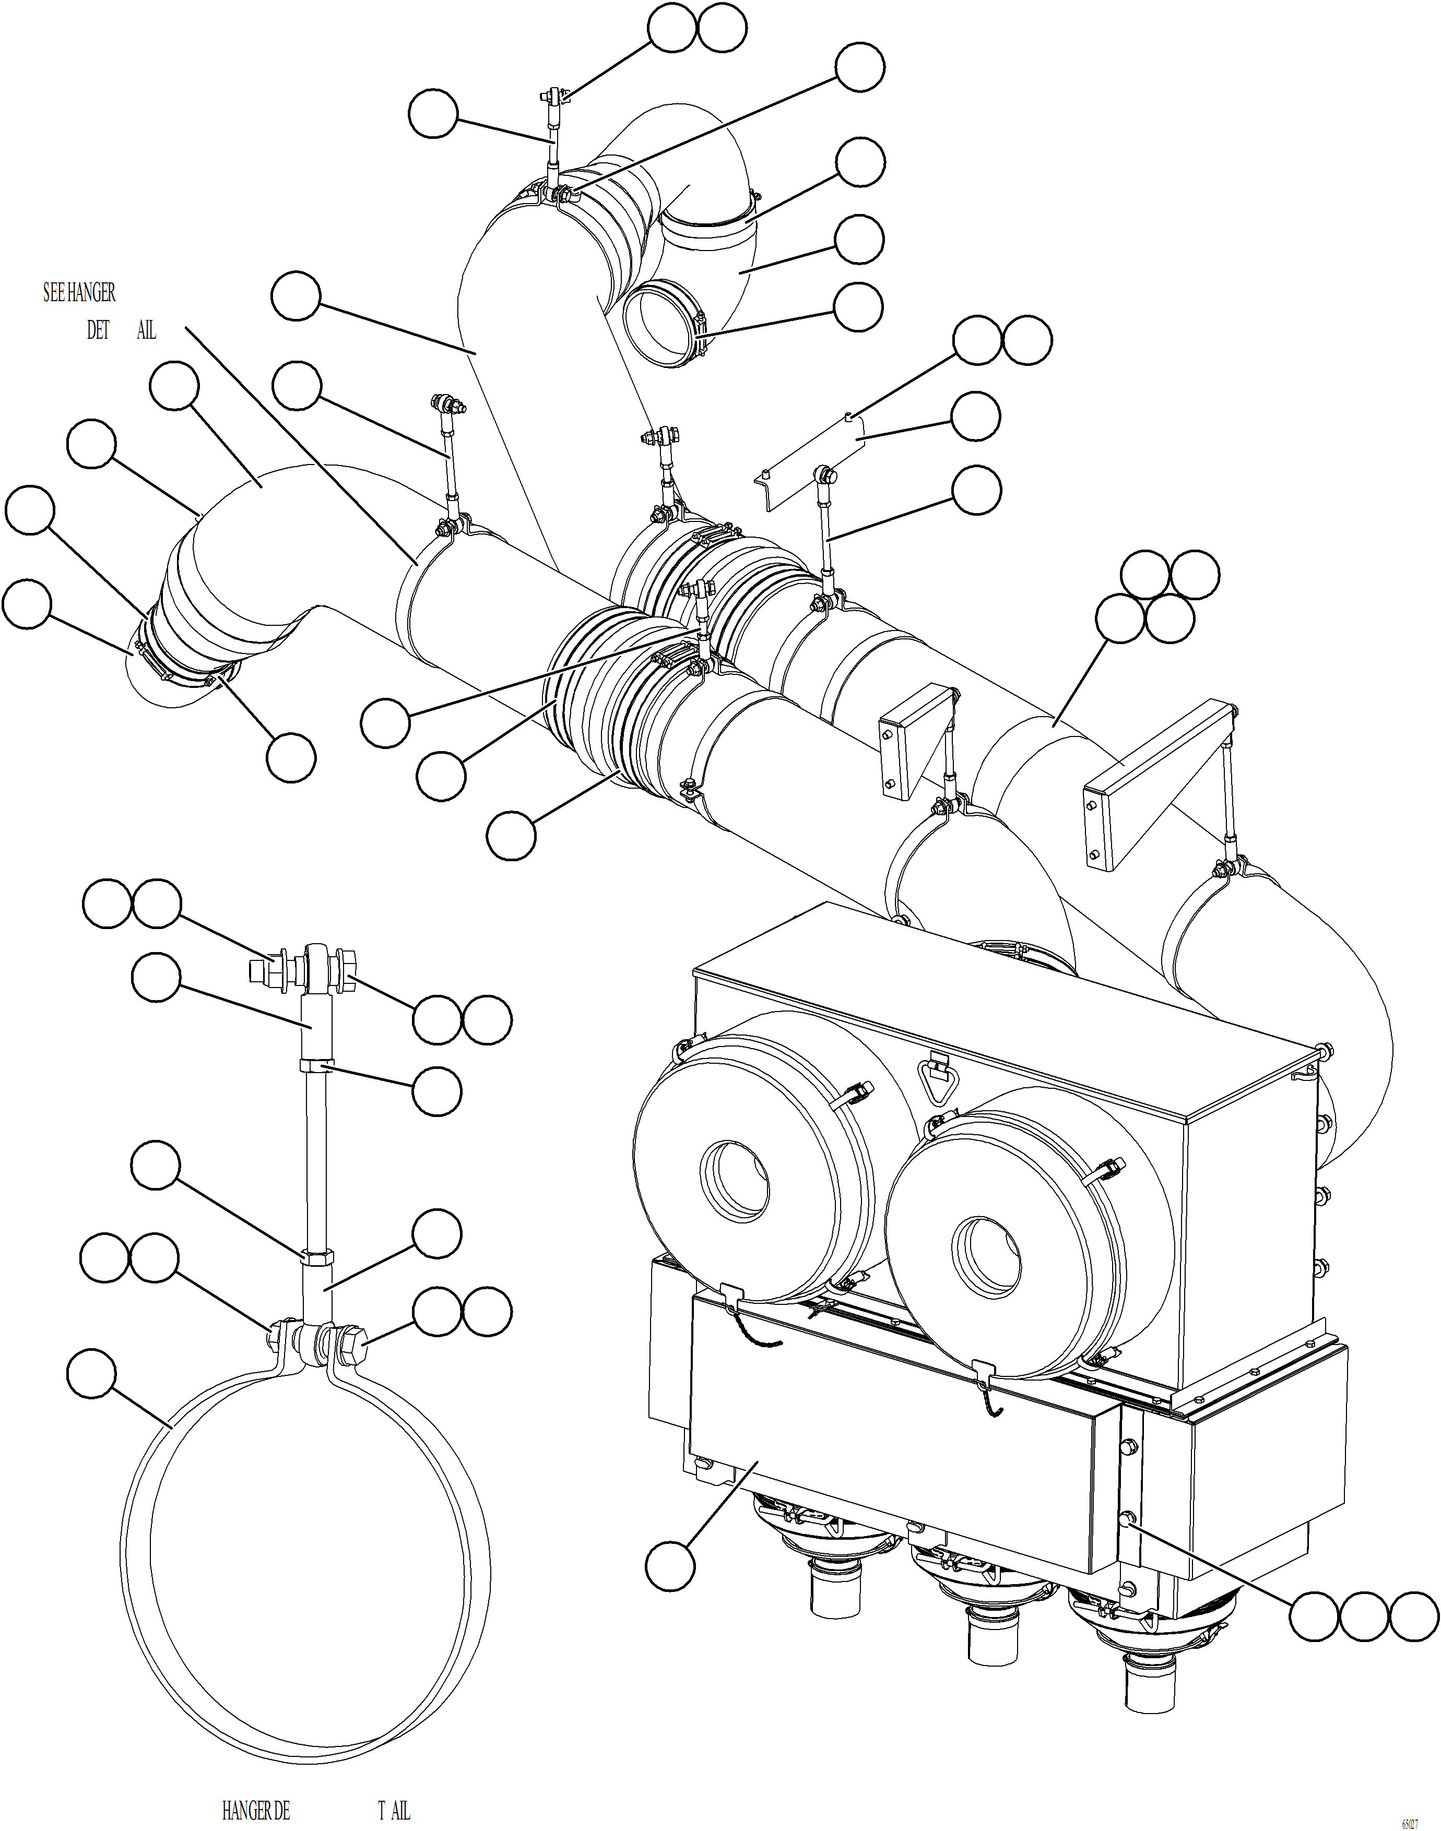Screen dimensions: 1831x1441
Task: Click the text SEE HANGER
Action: [79, 293]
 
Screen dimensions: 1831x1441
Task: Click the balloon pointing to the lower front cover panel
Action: [670, 1567]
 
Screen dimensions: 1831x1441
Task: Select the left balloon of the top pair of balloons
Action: [672, 28]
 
